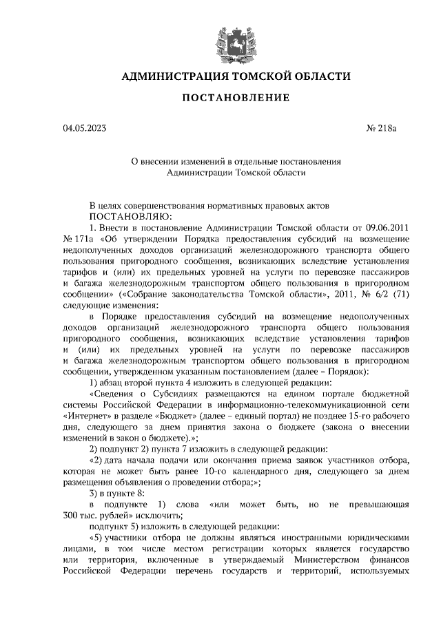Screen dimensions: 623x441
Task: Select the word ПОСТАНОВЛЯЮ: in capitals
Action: (x=131, y=216)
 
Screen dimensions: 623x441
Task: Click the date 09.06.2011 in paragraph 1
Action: (x=386, y=226)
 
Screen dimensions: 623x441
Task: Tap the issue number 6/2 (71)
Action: (x=376, y=294)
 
